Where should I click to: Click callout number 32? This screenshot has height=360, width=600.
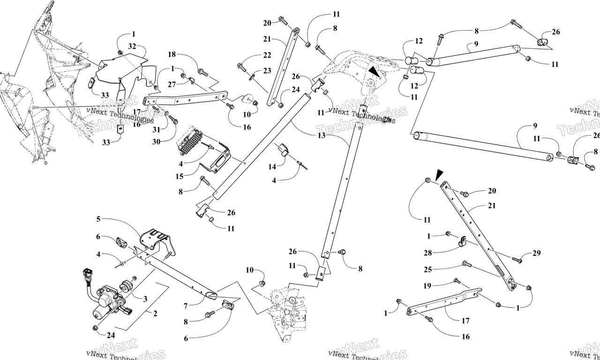[132, 46]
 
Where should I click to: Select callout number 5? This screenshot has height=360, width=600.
[98, 219]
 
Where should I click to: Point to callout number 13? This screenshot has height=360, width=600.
[321, 135]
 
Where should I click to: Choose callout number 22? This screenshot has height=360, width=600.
[267, 55]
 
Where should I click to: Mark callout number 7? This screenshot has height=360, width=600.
[186, 306]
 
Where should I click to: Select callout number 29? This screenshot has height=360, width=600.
[536, 253]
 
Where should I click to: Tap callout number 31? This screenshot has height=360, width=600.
[156, 130]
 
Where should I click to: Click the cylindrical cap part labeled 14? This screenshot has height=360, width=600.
[284, 149]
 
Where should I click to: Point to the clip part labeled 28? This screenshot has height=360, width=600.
[461, 242]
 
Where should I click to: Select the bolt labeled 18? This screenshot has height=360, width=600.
[203, 72]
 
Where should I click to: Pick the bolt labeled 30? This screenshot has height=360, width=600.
[172, 120]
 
